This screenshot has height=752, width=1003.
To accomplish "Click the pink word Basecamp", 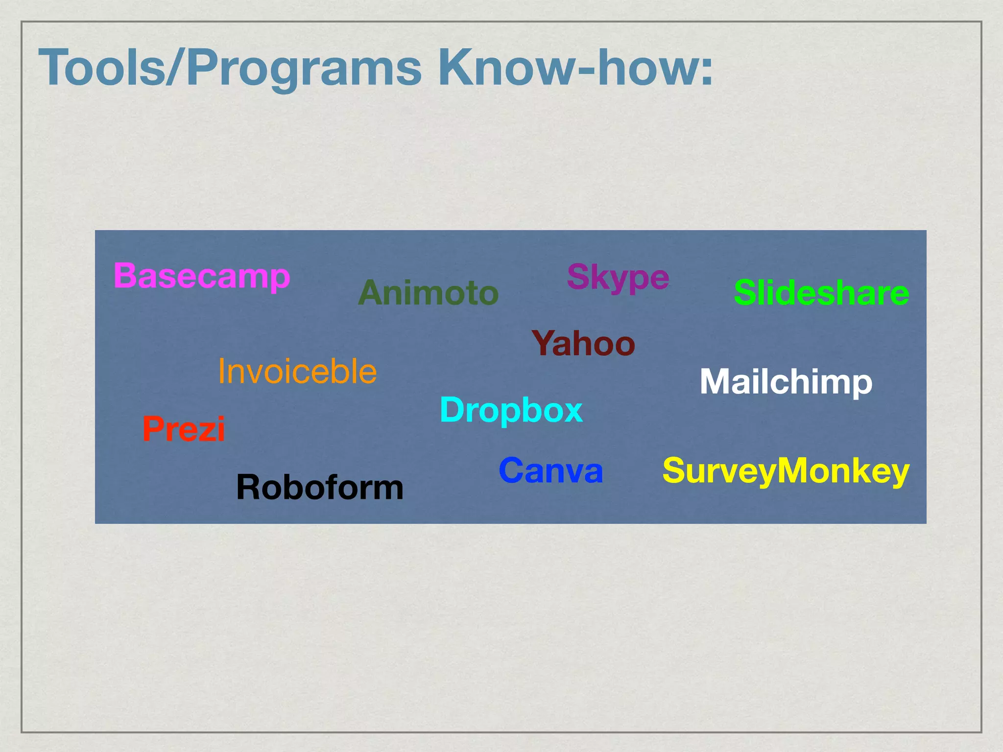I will [202, 277].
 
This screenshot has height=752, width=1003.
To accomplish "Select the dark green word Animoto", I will [429, 293].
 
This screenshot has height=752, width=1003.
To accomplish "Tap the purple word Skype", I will [618, 278].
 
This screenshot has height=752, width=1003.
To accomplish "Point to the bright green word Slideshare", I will [821, 293].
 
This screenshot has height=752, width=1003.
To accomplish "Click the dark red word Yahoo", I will [583, 343].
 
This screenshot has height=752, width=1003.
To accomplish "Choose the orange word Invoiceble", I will [297, 371].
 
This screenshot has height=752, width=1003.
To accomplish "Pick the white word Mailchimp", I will [786, 382].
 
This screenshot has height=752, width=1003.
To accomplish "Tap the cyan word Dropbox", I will [511, 410].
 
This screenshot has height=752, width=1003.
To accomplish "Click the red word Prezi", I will [184, 429].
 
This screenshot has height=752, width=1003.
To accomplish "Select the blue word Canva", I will [551, 470].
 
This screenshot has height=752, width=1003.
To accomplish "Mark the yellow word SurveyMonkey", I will [786, 470].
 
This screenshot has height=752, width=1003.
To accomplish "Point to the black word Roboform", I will [320, 488].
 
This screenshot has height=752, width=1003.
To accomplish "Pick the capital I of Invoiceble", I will [222, 371].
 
